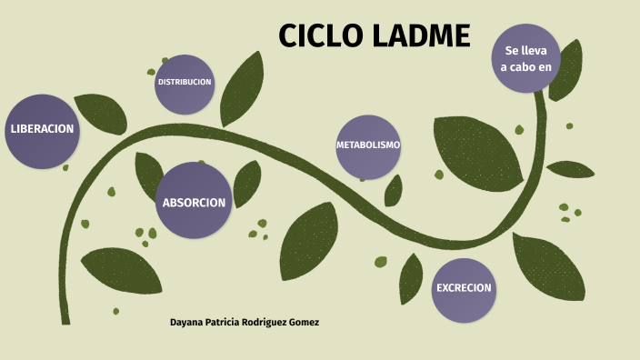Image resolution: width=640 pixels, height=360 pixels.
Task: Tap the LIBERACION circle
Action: pos(42,129)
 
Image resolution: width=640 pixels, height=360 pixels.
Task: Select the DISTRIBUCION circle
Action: pos(185,82)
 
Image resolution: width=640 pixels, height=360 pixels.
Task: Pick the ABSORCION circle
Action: pos(193,202)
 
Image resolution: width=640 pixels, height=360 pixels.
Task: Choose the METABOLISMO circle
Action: pos(368,145)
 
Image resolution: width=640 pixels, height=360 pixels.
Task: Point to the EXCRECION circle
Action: pos(464,288)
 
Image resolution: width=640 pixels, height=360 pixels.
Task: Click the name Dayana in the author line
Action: pos(190,323)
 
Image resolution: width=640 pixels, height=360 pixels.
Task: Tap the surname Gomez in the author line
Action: pos(301,323)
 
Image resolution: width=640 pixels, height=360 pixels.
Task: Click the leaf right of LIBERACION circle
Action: pos(99,114)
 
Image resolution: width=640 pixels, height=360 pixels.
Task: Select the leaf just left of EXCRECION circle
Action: pos(411,277)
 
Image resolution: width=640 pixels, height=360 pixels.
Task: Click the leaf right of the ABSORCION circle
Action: pos(246,184)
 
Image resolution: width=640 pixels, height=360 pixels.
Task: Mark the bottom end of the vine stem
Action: pos(65,320)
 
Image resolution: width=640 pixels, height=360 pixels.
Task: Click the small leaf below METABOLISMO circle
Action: pos(393,191)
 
